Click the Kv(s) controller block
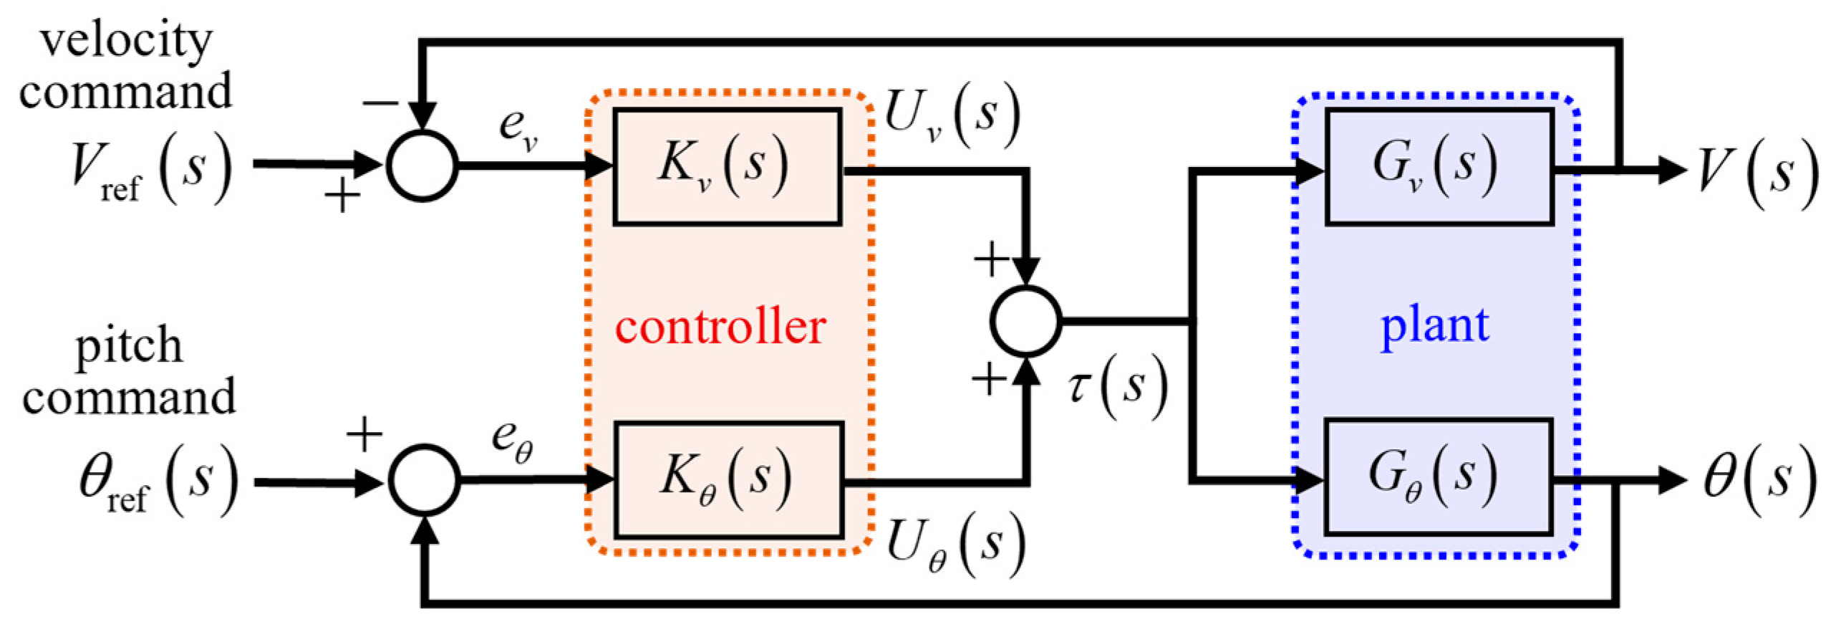(x=726, y=166)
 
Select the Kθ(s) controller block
(x=728, y=479)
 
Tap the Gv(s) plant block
(x=1439, y=166)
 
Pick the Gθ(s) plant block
(x=1438, y=477)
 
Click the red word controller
(x=720, y=327)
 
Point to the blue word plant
(x=1434, y=327)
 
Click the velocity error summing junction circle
(x=422, y=166)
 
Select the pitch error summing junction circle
(x=424, y=479)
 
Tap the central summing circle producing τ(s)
(x=1025, y=321)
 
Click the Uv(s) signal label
(x=952, y=115)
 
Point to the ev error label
(x=517, y=129)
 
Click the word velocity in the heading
(x=126, y=41)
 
